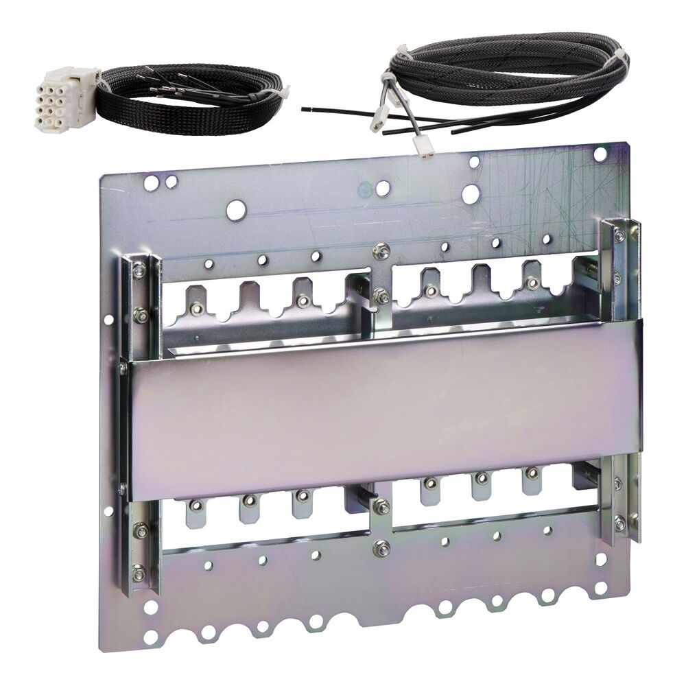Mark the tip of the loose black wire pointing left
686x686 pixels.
point(304,108)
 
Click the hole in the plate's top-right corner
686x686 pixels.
point(600,154)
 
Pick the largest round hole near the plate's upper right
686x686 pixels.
point(471,194)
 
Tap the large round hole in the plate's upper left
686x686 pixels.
point(235,211)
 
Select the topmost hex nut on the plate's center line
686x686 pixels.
point(381,252)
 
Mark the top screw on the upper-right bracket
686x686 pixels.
point(619,236)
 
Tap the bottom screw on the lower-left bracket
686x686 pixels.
point(139,571)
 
